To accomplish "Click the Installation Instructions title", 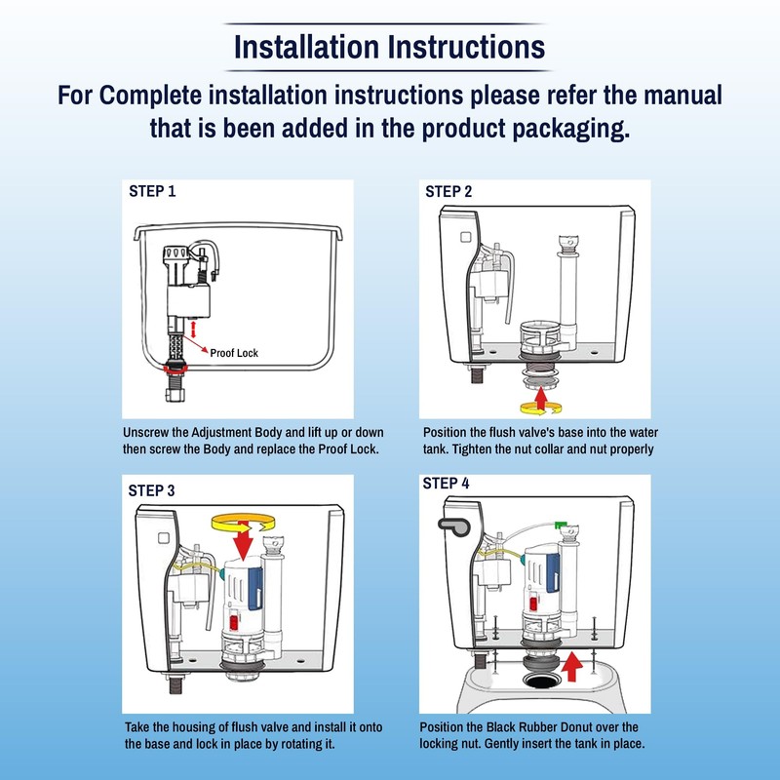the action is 390,46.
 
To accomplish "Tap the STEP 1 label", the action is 153,191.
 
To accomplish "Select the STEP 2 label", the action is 448,191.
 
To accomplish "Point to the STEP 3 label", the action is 153,490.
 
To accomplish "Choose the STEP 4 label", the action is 447,483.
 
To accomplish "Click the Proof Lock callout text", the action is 234,354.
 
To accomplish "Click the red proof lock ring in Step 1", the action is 178,367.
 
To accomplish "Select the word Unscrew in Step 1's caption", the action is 147,432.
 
